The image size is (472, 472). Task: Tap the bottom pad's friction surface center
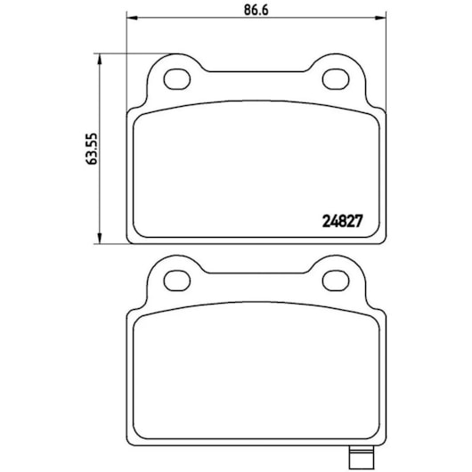[256, 378]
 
